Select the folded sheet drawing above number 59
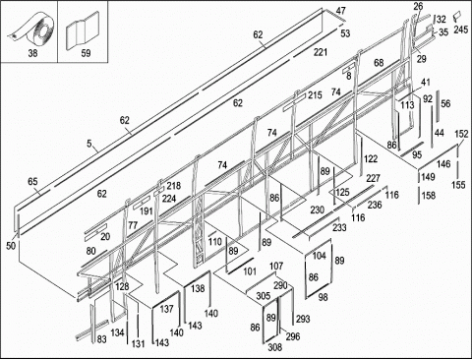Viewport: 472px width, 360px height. (83, 30)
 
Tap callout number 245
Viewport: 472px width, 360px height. (461, 30)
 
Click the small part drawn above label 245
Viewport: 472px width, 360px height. (456, 17)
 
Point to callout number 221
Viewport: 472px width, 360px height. (321, 52)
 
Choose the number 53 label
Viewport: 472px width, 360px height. (345, 33)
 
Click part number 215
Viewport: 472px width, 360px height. (315, 95)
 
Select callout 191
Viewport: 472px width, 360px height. (147, 211)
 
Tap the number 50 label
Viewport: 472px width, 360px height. (11, 246)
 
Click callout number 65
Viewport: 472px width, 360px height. (32, 181)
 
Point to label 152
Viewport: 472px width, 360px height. (461, 134)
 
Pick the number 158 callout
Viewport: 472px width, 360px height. (429, 196)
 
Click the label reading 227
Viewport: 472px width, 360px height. (373, 178)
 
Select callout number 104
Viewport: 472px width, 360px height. (319, 256)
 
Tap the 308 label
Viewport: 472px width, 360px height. (274, 347)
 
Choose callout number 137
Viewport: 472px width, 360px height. (166, 309)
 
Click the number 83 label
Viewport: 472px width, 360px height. (102, 339)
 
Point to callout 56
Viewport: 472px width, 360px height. (445, 104)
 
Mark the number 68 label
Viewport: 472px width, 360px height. (379, 63)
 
